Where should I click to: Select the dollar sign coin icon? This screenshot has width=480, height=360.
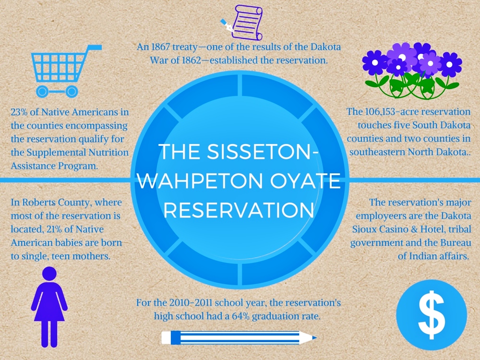pyautogui.click(x=432, y=315)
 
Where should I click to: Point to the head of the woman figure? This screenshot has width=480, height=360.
pyautogui.click(x=49, y=274)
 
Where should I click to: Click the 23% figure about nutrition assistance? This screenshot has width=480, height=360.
pyautogui.click(x=19, y=112)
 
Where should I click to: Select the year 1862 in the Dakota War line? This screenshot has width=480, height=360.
pyautogui.click(x=192, y=60)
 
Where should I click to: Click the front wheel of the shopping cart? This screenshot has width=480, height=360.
pyautogui.click(x=42, y=91)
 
